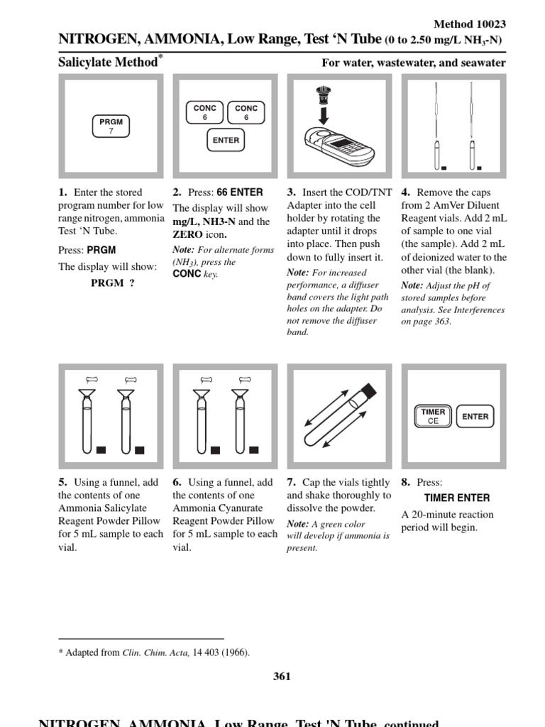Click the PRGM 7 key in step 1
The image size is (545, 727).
pyautogui.click(x=111, y=126)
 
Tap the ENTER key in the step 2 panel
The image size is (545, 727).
pyautogui.click(x=226, y=141)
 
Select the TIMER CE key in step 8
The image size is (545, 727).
pyautogui.click(x=433, y=416)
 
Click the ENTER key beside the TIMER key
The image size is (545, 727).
pyautogui.click(x=475, y=417)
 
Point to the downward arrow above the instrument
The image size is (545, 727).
pyautogui.click(x=323, y=114)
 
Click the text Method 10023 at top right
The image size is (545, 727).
pyautogui.click(x=470, y=24)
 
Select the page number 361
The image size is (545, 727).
pyautogui.click(x=282, y=676)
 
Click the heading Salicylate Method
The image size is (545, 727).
pyautogui.click(x=107, y=62)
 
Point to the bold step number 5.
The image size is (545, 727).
pyautogui.click(x=62, y=483)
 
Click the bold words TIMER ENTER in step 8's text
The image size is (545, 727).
pyautogui.click(x=457, y=498)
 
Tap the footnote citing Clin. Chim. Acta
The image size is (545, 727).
pyautogui.click(x=154, y=653)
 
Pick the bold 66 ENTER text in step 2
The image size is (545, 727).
pyautogui.click(x=239, y=192)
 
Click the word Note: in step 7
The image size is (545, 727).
pyautogui.click(x=297, y=524)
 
